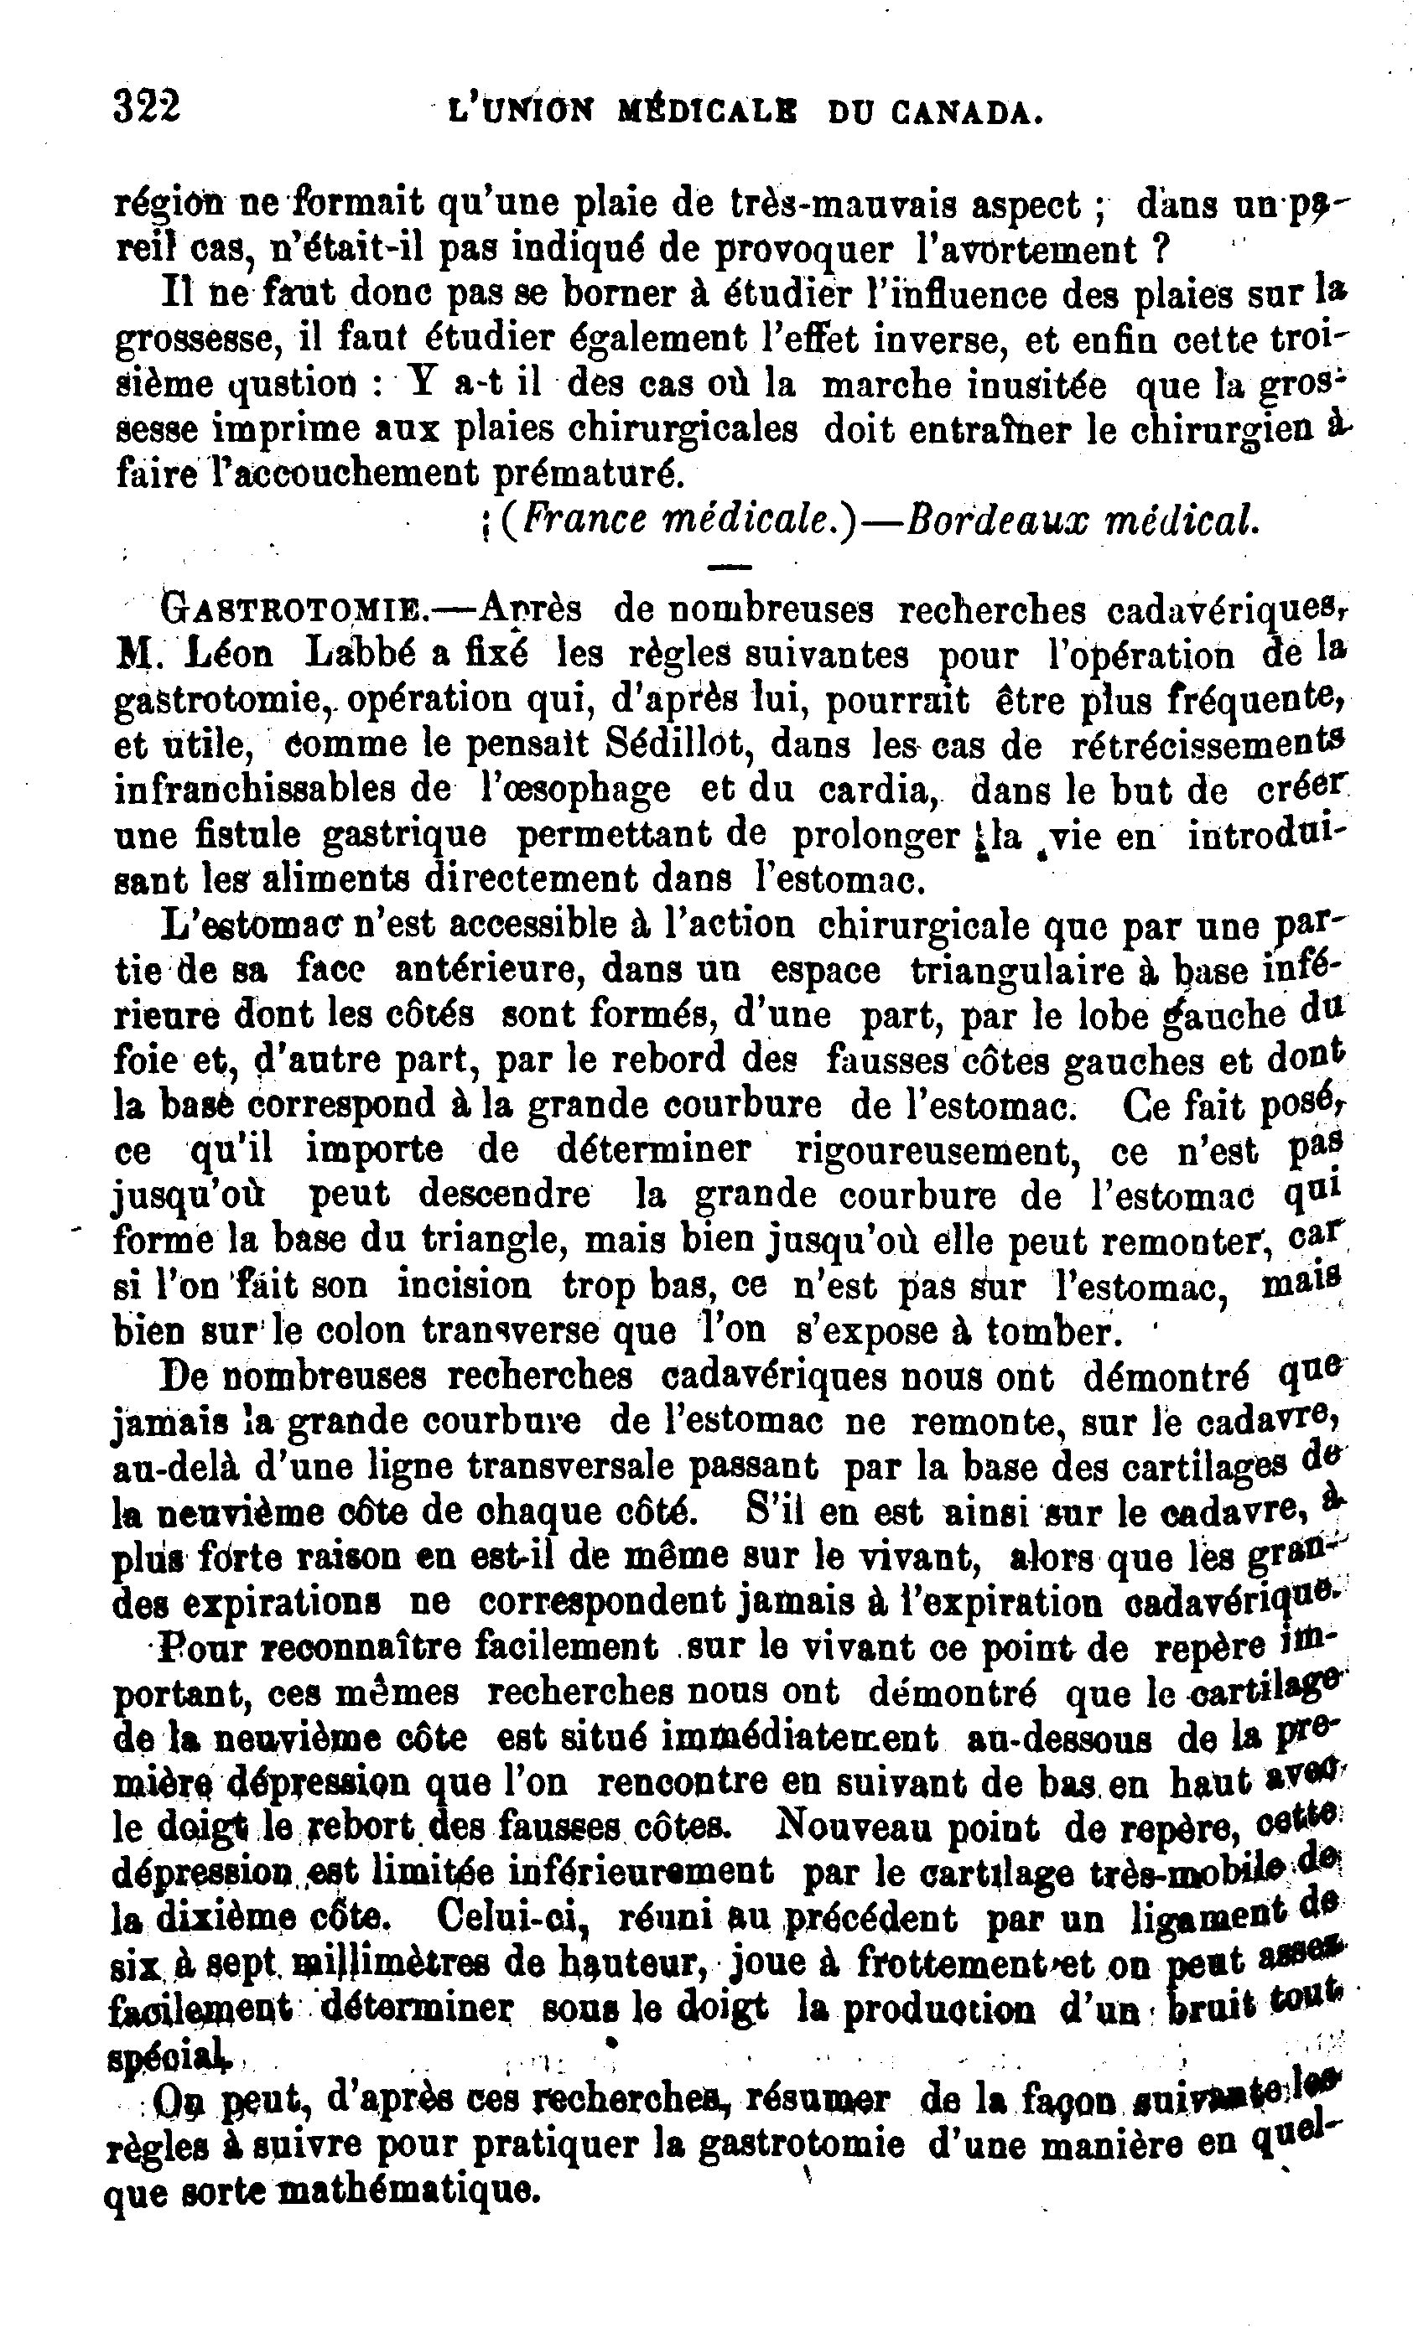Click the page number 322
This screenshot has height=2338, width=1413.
[146, 106]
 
